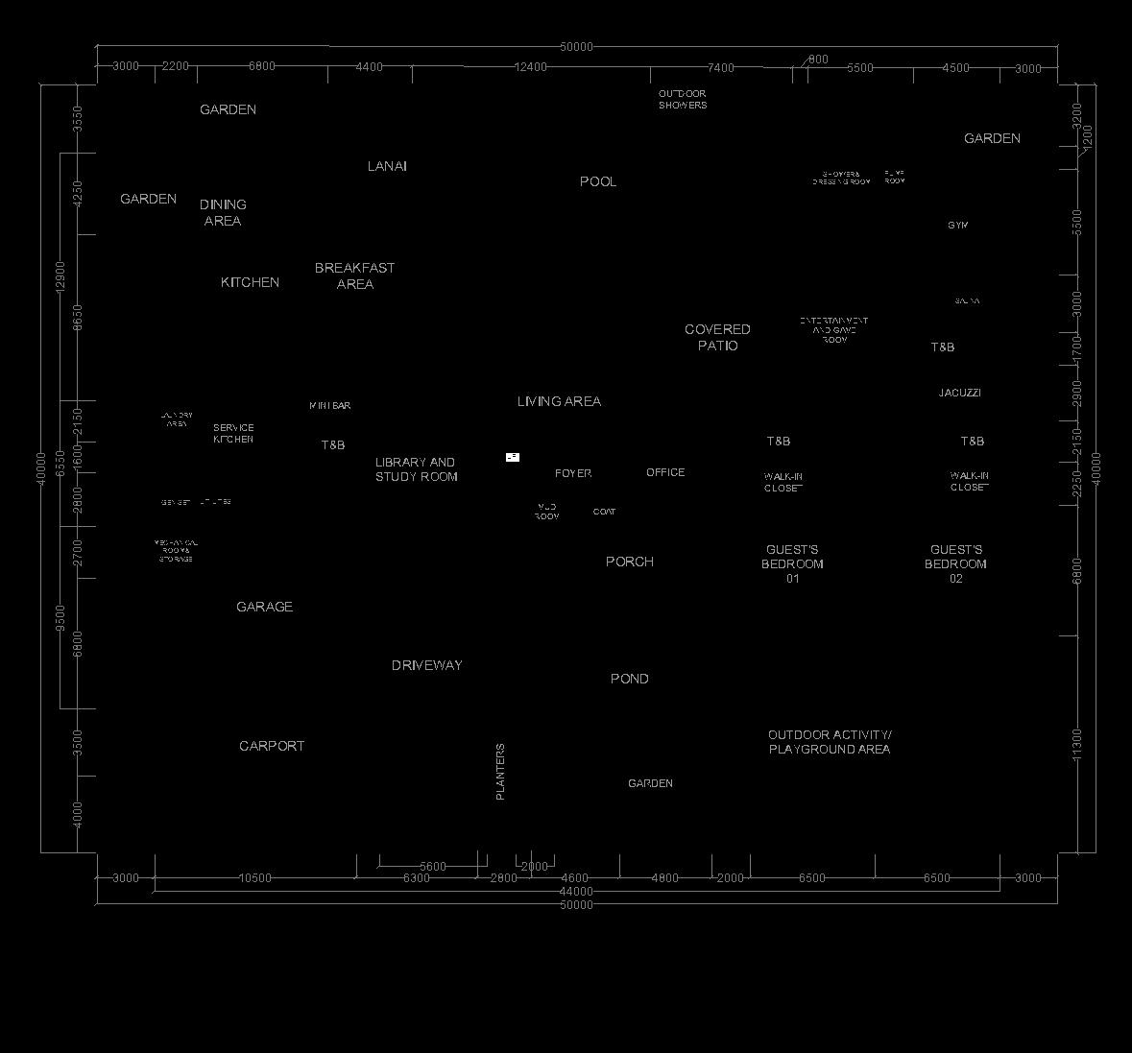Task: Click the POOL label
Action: point(598,181)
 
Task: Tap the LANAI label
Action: point(387,166)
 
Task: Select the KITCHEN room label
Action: point(250,282)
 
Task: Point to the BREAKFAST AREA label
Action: point(354,275)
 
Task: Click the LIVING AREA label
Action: point(559,401)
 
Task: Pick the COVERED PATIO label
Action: point(717,337)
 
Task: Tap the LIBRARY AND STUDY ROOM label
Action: point(416,469)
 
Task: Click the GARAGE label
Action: point(264,607)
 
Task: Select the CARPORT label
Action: point(272,746)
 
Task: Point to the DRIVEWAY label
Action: point(426,665)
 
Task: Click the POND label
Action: point(629,679)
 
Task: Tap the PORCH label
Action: point(629,562)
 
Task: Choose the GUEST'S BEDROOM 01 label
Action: point(792,564)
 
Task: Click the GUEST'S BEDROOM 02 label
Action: point(955,564)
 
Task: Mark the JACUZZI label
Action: point(959,393)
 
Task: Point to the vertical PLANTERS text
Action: point(500,772)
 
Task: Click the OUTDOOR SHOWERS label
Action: point(683,99)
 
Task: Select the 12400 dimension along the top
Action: point(530,67)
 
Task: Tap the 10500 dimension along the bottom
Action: point(254,878)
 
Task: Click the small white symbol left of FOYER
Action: point(513,457)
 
